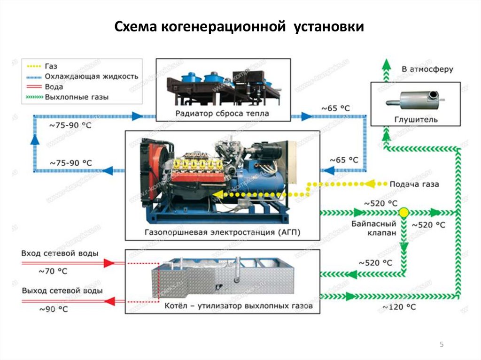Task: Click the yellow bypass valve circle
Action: (403, 213)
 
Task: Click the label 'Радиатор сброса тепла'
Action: (223, 113)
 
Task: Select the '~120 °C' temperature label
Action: (399, 307)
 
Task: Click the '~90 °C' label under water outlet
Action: (53, 309)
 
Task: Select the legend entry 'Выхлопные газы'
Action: (77, 97)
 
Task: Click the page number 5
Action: (442, 345)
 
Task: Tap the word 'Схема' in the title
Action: (136, 27)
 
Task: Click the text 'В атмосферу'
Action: (427, 69)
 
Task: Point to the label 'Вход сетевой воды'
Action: (60, 253)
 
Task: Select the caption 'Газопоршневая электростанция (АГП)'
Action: (222, 232)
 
